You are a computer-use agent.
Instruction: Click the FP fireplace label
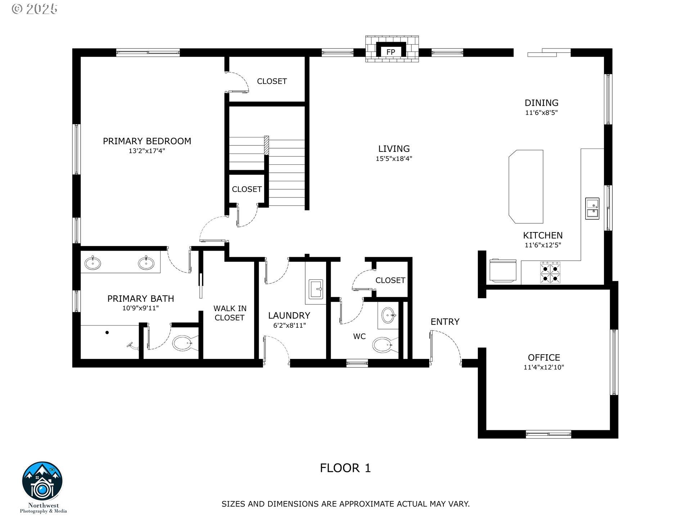point(390,52)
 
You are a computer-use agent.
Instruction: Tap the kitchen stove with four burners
point(550,273)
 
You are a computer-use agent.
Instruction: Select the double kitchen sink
point(592,208)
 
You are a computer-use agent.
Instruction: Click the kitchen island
point(526,187)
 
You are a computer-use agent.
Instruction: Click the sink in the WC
point(388,315)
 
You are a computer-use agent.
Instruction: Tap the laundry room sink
point(316,289)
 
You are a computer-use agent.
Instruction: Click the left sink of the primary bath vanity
point(93,263)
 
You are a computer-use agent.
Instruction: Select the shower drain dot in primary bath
point(107,332)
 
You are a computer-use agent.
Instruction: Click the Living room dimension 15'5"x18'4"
point(394,158)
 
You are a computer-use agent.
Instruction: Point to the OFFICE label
point(544,358)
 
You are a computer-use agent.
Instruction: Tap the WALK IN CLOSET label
point(230,313)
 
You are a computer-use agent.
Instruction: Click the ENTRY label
point(445,322)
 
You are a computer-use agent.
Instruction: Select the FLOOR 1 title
point(345,468)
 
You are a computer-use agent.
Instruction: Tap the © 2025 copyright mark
point(35,9)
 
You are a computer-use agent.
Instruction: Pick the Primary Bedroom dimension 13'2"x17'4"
point(147,151)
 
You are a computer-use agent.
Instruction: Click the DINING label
point(541,103)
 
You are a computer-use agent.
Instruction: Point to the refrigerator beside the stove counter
point(503,270)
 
